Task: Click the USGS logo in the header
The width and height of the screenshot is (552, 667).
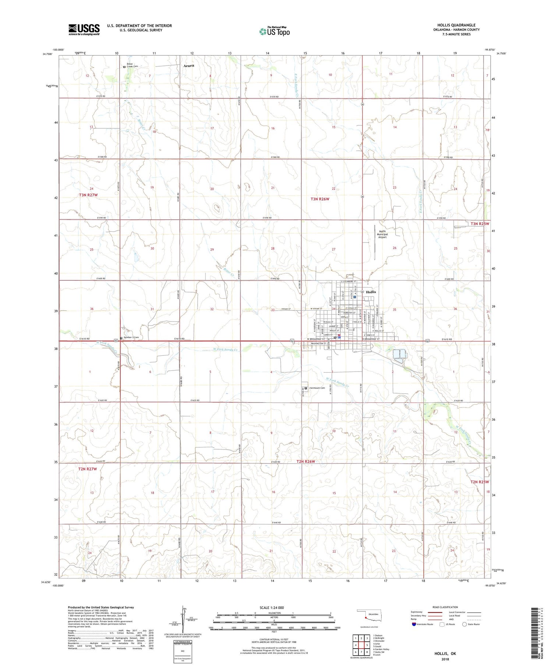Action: click(84, 29)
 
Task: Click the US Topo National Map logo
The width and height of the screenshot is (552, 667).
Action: click(274, 32)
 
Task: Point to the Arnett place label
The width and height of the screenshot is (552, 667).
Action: click(189, 66)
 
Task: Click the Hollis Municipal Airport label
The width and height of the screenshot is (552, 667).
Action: click(382, 234)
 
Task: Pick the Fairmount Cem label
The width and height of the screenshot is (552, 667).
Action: click(317, 388)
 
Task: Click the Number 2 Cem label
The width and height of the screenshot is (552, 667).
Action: click(131, 337)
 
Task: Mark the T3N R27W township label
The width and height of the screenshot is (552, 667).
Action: click(88, 195)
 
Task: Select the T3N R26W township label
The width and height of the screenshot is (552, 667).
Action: click(320, 199)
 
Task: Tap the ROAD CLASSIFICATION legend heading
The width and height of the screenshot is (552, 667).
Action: click(445, 607)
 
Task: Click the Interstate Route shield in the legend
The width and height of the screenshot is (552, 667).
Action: click(414, 624)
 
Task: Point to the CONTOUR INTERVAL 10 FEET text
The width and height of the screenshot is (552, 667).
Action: click(274, 639)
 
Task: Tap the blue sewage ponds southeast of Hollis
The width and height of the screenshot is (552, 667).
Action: click(399, 354)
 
